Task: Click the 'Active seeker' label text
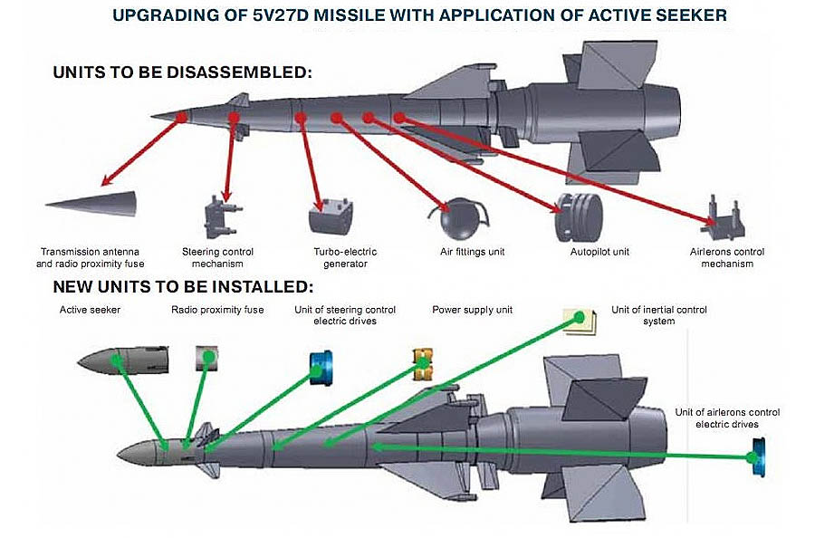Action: tap(90, 310)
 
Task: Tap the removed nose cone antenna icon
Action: tap(91, 201)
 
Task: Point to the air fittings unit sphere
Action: tap(457, 218)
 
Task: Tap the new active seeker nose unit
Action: tap(122, 360)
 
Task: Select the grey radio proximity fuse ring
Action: tap(208, 358)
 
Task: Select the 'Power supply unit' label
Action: tap(473, 310)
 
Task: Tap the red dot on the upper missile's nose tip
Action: tap(182, 117)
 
